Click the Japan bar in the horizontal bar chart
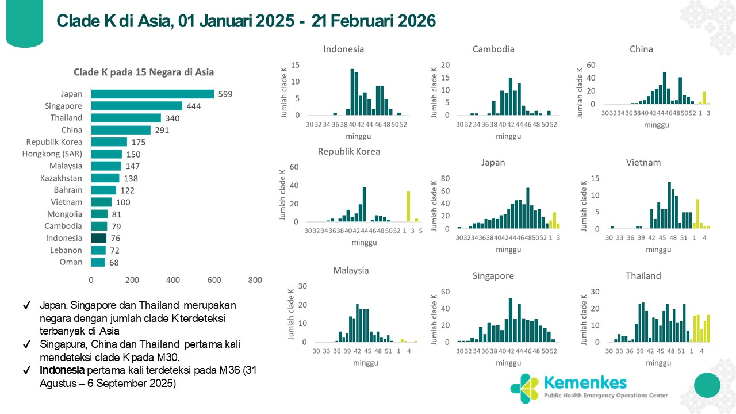point(152,94)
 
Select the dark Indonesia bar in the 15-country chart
point(99,238)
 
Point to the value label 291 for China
point(162,130)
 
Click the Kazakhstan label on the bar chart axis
point(62,178)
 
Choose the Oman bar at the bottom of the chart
point(98,262)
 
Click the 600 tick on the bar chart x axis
point(214,280)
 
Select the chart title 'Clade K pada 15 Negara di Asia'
point(144,72)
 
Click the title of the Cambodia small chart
point(493,49)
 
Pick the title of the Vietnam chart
point(643,162)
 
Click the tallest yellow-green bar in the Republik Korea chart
point(408,206)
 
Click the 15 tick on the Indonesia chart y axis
point(296,65)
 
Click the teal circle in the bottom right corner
point(707,385)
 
